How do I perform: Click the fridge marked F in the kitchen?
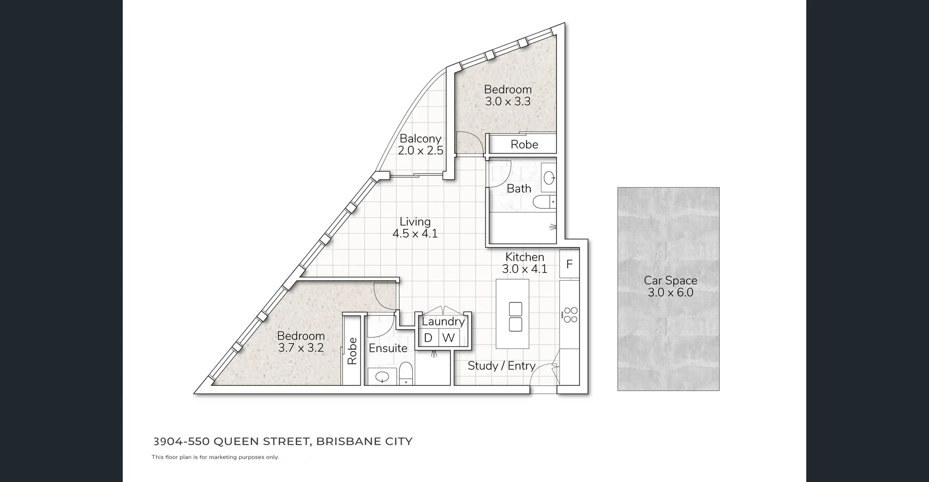[x=569, y=264]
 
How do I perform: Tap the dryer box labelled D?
[x=428, y=338]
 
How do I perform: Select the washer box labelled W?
[x=449, y=338]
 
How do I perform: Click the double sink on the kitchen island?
[x=516, y=316]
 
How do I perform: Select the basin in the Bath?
[x=549, y=178]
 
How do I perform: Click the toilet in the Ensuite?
[x=405, y=375]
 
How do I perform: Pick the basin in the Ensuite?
[x=382, y=377]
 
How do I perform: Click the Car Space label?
[x=670, y=281]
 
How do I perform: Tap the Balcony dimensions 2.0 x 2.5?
[x=420, y=151]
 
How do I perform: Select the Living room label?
[x=415, y=222]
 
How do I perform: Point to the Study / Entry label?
[x=501, y=366]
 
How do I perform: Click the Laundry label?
[x=443, y=321]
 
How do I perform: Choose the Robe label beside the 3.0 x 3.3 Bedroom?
[x=524, y=145]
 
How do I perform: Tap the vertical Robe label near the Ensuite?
[x=352, y=351]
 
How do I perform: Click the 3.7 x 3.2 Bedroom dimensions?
[x=300, y=348]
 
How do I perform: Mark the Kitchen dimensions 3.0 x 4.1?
[x=524, y=269]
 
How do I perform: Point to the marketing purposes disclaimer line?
[x=215, y=457]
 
